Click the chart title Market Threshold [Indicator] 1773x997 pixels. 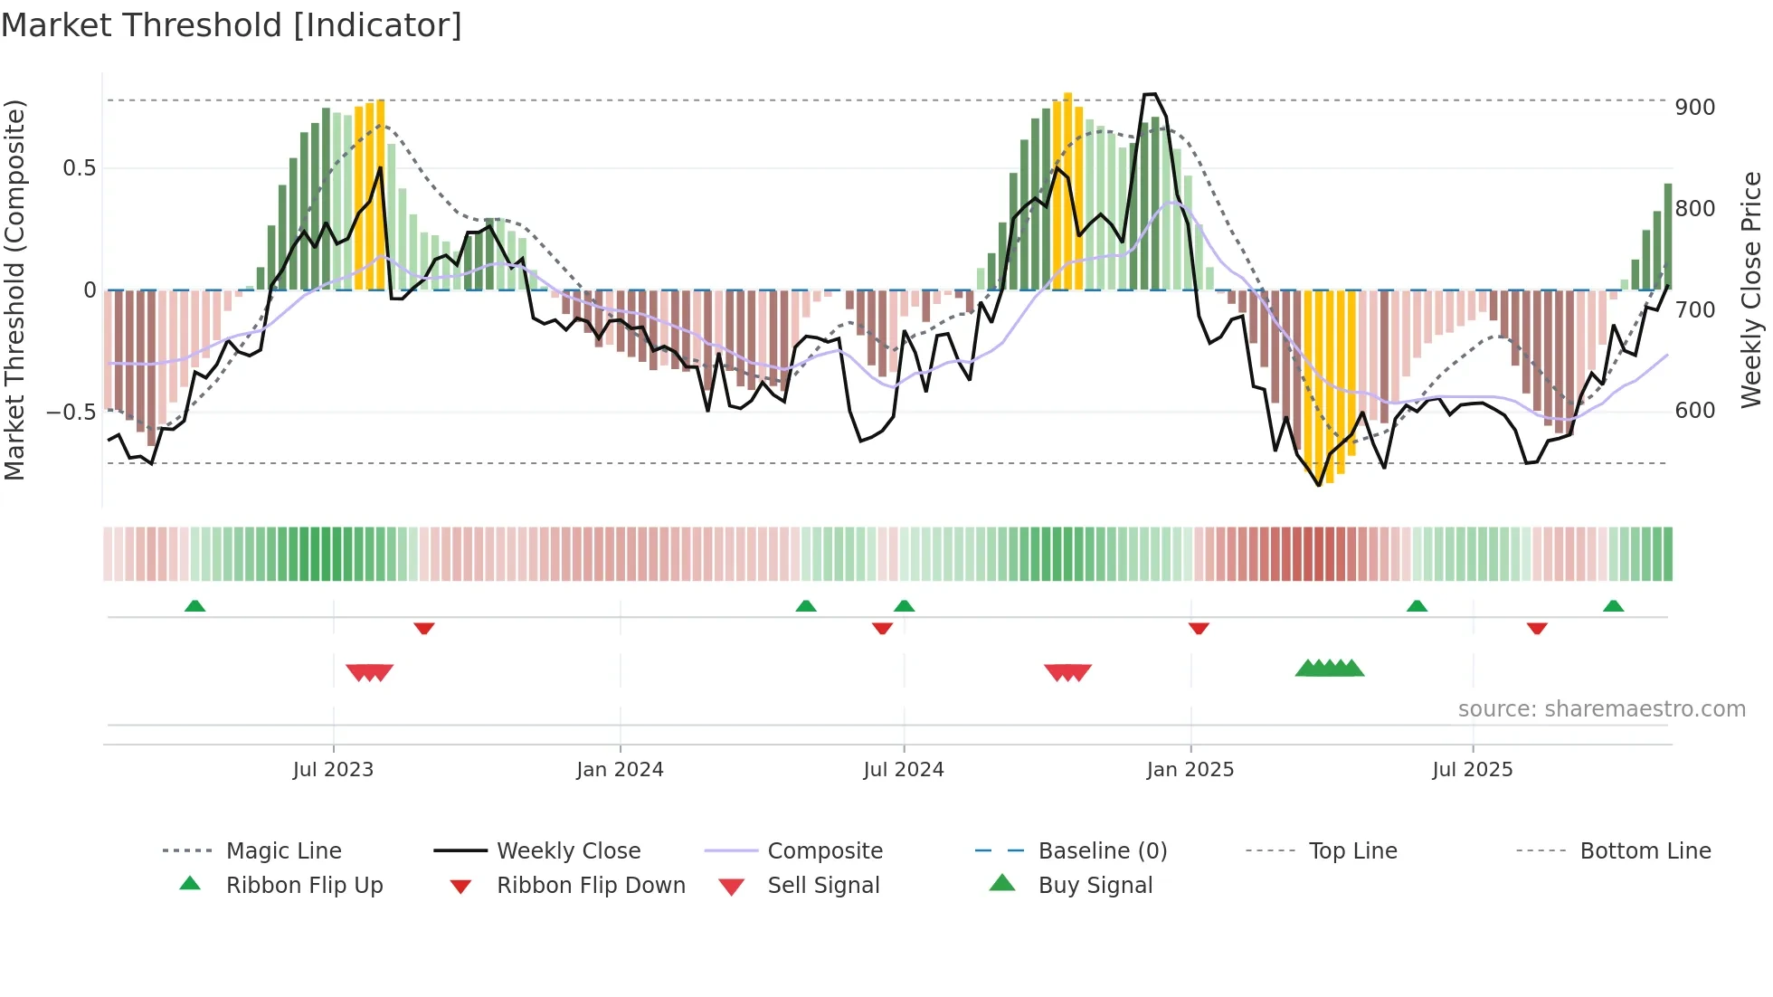[x=232, y=25]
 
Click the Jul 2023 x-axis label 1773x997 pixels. [x=333, y=770]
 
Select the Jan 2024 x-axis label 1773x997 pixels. [x=620, y=770]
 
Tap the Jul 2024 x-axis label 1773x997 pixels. [x=903, y=770]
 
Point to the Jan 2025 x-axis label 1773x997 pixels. [x=1190, y=770]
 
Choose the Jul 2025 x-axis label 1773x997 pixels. [x=1472, y=770]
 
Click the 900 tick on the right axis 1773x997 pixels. [x=1694, y=108]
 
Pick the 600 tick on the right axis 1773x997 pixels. [x=1694, y=411]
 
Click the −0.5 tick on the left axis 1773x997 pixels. [x=71, y=413]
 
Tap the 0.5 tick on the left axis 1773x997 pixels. [x=79, y=168]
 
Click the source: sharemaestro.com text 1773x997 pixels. [x=1601, y=709]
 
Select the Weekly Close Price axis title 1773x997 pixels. [x=1751, y=290]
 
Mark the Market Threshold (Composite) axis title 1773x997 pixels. [x=14, y=290]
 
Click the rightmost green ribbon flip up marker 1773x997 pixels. [x=1613, y=606]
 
